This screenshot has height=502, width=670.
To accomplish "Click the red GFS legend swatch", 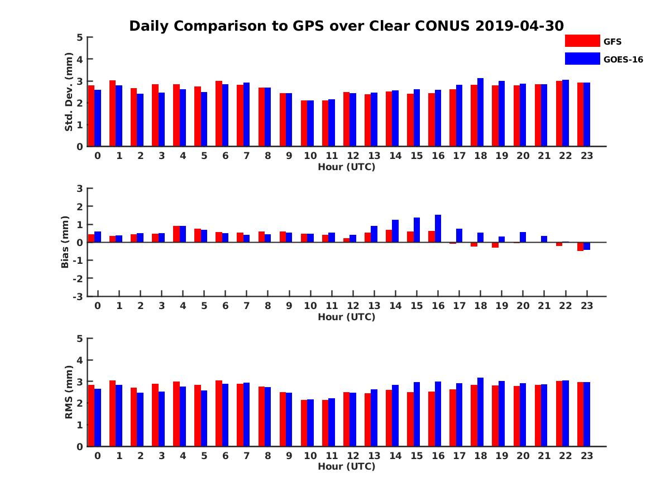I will click(582, 41).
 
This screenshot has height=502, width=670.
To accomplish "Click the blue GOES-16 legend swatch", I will click(582, 59).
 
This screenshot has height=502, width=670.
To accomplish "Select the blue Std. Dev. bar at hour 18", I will click(481, 112).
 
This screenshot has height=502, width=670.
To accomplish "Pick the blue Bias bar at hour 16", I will click(438, 229).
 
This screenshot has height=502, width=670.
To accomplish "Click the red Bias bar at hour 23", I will click(581, 247).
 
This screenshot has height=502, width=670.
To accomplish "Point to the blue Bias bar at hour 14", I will click(395, 231).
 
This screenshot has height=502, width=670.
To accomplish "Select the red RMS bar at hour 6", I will click(219, 413).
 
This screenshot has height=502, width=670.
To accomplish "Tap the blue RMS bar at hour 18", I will click(481, 412).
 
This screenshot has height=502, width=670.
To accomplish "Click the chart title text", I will click(346, 26).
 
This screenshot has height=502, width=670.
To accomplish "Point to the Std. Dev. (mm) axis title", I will click(69, 92).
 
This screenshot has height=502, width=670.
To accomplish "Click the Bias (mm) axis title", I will click(65, 243).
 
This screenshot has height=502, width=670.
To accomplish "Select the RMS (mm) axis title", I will click(69, 392).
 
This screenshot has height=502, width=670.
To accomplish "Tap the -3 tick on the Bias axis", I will click(78, 296).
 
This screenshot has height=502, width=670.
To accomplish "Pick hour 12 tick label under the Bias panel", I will click(353, 306).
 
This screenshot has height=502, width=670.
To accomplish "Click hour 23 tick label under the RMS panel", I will click(586, 455).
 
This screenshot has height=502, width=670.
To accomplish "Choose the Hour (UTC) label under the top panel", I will click(346, 167).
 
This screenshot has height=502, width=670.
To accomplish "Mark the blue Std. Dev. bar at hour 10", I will click(310, 123).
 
